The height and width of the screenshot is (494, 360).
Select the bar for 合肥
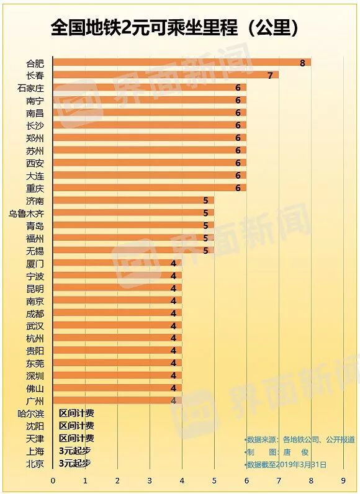(x=181, y=63)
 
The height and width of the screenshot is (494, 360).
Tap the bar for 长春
(x=165, y=75)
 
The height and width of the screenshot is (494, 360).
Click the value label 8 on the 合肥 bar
(x=302, y=63)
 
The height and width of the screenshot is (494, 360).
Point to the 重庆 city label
(x=35, y=188)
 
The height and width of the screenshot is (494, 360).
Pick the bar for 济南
(x=133, y=200)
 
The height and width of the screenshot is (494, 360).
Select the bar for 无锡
(x=133, y=251)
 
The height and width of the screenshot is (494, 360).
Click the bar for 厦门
(x=117, y=263)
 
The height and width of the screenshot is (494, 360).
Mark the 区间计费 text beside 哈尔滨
(x=76, y=413)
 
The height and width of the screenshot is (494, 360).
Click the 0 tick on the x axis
(x=53, y=480)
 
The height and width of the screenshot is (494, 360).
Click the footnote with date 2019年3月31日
(x=287, y=464)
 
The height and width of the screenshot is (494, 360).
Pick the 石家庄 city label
(x=31, y=88)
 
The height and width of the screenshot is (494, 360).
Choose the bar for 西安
(x=149, y=163)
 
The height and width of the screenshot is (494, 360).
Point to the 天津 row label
(x=35, y=438)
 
